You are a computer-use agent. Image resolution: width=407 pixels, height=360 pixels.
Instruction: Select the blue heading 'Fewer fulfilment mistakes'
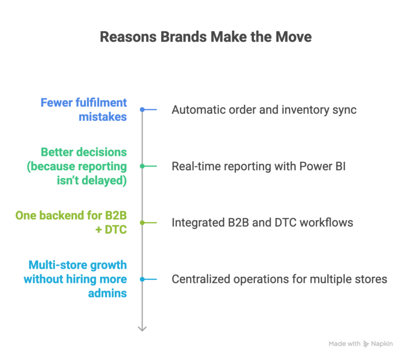coord(84,109)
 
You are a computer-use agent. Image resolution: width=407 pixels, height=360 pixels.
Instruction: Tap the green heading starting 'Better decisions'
coord(84,166)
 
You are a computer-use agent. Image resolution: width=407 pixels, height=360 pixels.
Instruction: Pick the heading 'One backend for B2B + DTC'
coord(71,223)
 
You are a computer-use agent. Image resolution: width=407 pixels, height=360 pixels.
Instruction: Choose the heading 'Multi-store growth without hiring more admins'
coord(75,279)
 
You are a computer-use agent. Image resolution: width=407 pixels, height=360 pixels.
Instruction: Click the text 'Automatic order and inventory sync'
coord(263,110)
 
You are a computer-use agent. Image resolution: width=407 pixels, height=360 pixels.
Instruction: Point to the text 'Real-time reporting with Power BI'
coord(258,166)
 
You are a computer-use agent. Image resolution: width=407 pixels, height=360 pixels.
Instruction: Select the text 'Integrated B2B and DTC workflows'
coord(262,223)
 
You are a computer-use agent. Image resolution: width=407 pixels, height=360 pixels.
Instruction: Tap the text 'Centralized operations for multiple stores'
coord(279,279)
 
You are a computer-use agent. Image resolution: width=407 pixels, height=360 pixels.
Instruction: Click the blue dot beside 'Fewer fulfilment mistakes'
coord(142,110)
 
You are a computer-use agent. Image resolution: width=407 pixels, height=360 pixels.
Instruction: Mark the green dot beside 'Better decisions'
coord(142,166)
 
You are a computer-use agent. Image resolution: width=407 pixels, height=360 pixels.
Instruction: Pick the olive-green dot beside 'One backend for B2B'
coord(142,223)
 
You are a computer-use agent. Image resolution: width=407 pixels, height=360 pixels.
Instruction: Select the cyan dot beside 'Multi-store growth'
coord(142,279)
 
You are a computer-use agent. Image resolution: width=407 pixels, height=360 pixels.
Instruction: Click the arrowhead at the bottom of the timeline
coord(142,329)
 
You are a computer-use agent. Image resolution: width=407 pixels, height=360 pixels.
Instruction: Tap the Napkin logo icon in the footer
coord(366,344)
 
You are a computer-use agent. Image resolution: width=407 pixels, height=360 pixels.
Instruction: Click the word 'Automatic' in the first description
coord(194,110)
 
